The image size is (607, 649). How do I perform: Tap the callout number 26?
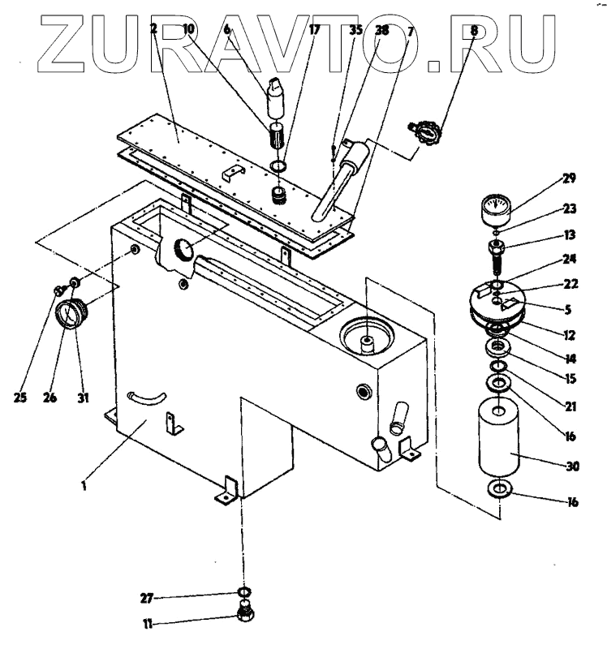click(50, 398)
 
